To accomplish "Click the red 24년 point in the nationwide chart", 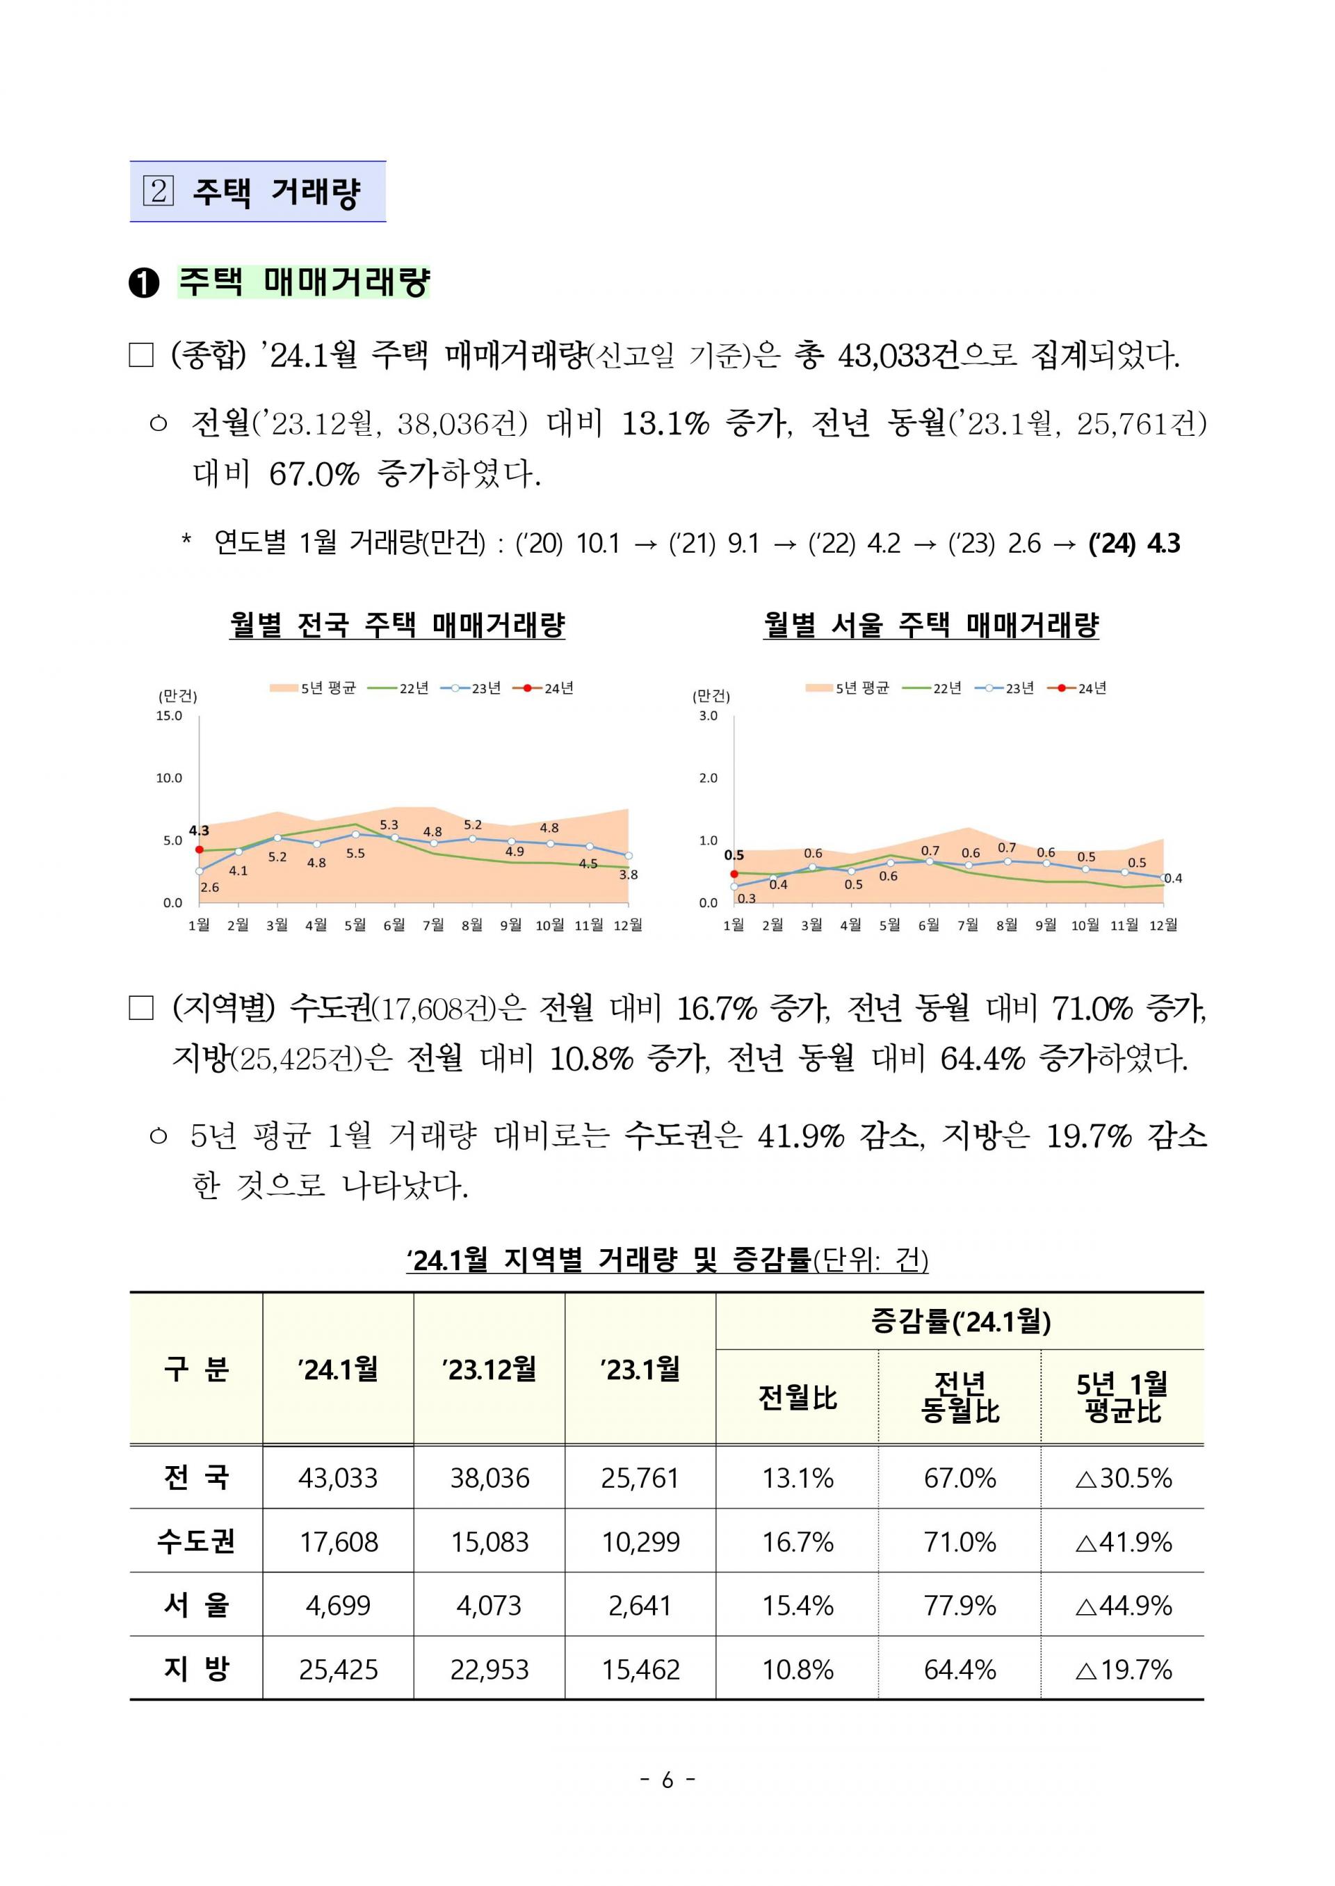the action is (x=199, y=849).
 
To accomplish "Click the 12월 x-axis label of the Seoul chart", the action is (x=1163, y=925).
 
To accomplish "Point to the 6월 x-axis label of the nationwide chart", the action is (x=394, y=925).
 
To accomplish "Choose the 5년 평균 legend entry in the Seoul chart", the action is (x=848, y=688).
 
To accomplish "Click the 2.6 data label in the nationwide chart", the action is (x=209, y=888).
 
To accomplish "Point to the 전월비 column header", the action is (x=798, y=1398).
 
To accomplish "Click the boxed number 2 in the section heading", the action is (x=159, y=191).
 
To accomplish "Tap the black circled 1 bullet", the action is (x=144, y=284).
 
